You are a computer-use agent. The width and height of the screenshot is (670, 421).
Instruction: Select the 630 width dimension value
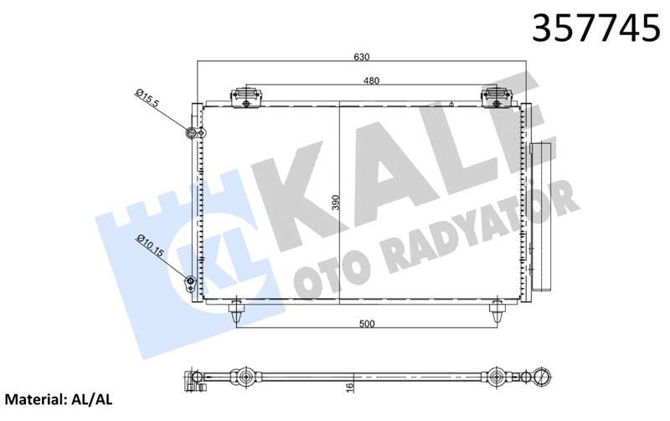click(x=361, y=57)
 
